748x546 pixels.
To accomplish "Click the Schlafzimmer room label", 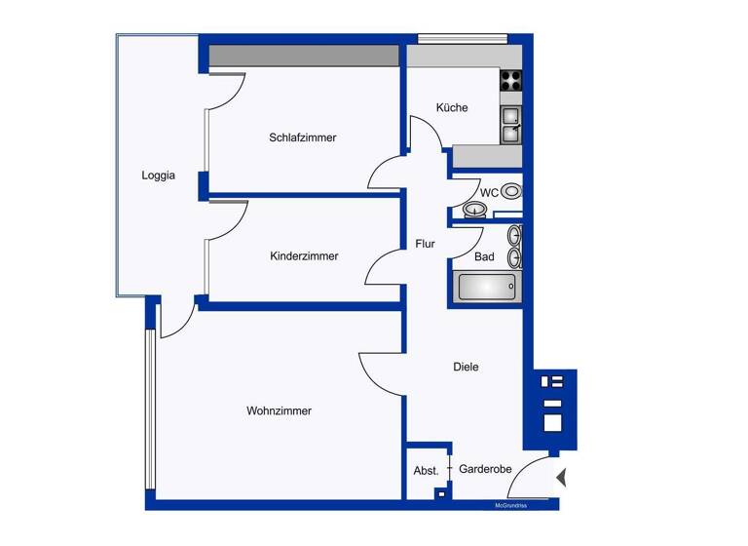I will [x=303, y=137].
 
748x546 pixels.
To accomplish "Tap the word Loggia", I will [x=158, y=175].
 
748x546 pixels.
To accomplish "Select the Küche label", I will [x=452, y=107].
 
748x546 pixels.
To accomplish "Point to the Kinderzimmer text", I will [x=304, y=256].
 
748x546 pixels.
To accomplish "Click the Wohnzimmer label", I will [x=279, y=410].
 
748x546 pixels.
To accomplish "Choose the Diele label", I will [x=466, y=367].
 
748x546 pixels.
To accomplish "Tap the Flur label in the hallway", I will [x=425, y=245].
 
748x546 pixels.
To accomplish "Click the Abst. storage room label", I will [x=426, y=470].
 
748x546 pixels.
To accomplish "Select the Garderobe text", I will [x=485, y=469].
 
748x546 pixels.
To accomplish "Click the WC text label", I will [x=489, y=193].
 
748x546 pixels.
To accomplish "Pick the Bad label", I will [x=484, y=257].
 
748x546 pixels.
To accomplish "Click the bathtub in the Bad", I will [x=486, y=287].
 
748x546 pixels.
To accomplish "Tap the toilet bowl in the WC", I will [x=511, y=191].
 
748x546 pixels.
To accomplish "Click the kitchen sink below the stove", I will [x=511, y=125].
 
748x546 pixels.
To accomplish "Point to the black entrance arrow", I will [x=561, y=478].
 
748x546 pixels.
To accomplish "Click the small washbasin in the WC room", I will [x=475, y=210].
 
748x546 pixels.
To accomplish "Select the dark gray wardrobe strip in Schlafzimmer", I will [x=304, y=56].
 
